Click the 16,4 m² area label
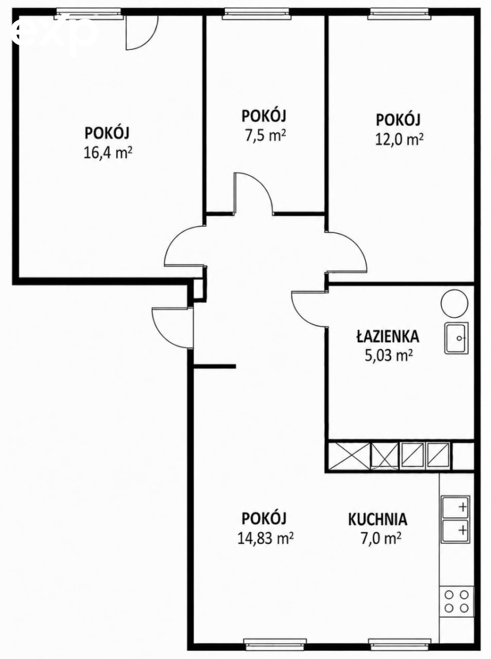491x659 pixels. pos(108,153)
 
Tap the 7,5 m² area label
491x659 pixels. pos(266,136)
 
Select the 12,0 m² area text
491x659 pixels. pos(399,139)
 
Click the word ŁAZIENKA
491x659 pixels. pos(387,337)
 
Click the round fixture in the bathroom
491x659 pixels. pos(454,303)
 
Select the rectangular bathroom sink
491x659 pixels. pos(456,338)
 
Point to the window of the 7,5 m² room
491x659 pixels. pos(256,14)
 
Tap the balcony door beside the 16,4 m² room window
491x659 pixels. pos(142,33)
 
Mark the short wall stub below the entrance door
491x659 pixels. pos(215,366)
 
